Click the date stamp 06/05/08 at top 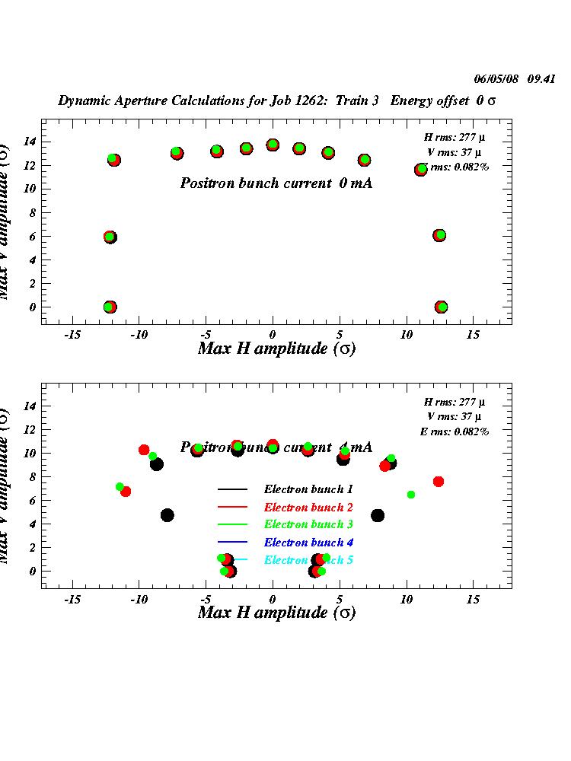coord(496,78)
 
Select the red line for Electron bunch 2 coord(233,507)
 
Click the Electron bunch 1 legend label coord(308,489)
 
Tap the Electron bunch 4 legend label coord(308,543)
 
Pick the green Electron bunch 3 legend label coord(308,524)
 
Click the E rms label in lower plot coord(455,431)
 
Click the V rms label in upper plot coord(455,152)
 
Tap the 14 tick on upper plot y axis coord(30,142)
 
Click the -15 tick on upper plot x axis coord(72,335)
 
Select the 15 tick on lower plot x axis coord(474,600)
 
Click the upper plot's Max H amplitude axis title coord(276,349)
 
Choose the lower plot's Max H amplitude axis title coord(276,613)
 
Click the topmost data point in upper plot coord(273,145)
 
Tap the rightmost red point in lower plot coord(439,482)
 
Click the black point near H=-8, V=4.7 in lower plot coord(167,515)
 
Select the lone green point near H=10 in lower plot coord(411,495)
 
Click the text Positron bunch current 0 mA coord(276,183)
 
